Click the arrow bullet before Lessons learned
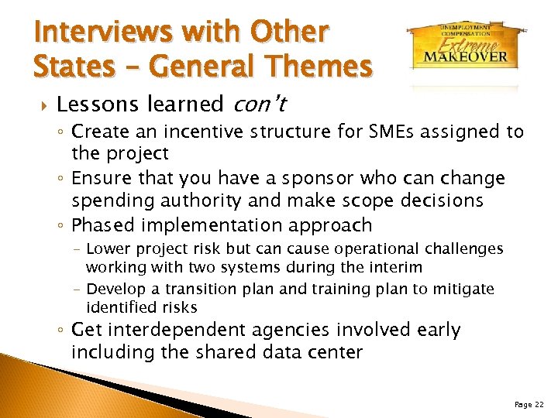40,104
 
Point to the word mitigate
463,289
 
